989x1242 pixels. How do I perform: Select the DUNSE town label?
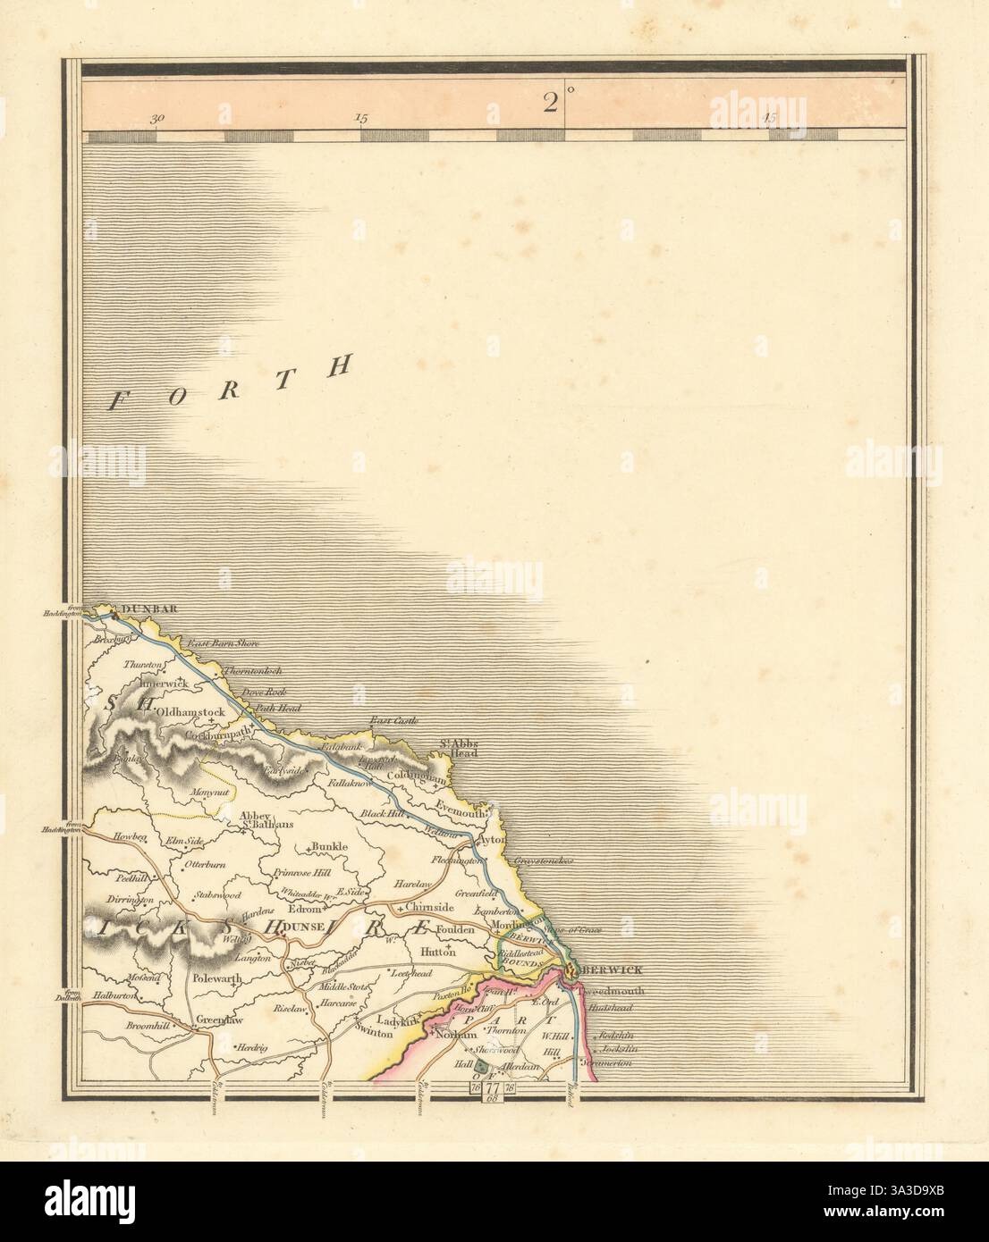297,930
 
